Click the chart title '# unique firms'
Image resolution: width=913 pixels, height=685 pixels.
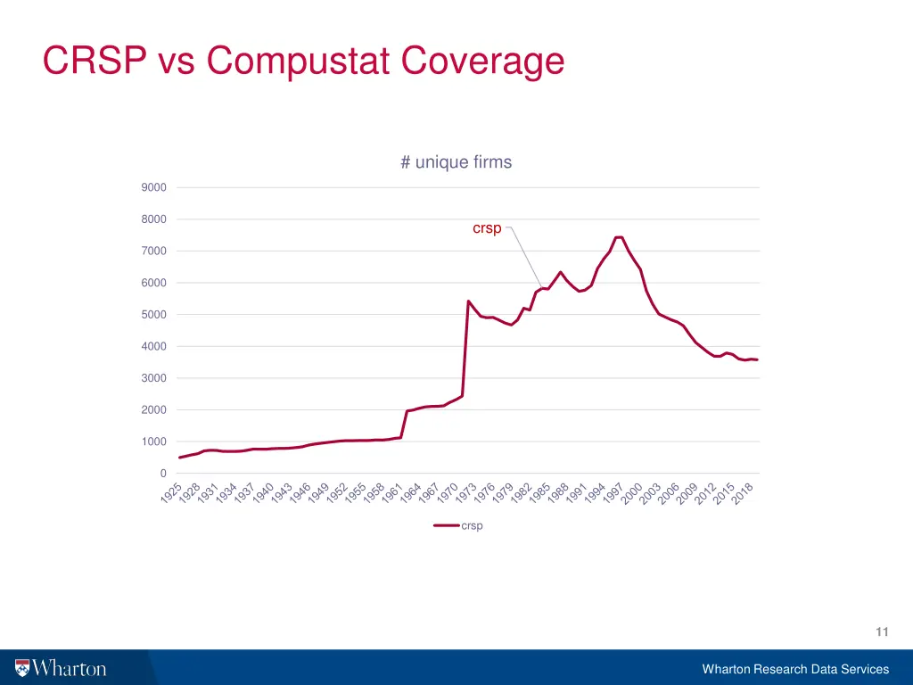(x=456, y=162)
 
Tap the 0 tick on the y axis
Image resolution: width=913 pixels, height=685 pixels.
(x=163, y=474)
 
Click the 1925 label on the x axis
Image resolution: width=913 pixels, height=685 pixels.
(x=171, y=493)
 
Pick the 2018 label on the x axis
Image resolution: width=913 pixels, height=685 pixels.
(x=743, y=493)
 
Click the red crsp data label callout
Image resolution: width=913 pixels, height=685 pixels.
(x=487, y=228)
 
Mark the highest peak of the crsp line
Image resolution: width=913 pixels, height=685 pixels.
(x=619, y=237)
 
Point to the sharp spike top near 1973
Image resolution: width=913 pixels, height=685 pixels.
(x=468, y=301)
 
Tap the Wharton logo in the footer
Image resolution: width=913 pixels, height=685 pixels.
(x=61, y=668)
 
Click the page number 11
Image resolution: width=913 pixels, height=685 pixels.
(x=882, y=632)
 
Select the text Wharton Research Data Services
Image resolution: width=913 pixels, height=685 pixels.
(x=795, y=669)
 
